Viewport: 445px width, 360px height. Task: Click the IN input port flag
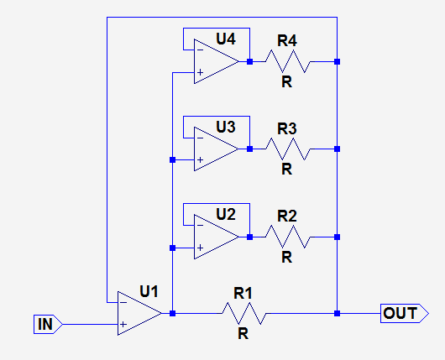click(48, 324)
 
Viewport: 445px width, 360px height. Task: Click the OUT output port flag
click(405, 313)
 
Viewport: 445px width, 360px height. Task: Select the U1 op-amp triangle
click(139, 313)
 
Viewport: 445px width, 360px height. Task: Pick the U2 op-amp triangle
click(216, 237)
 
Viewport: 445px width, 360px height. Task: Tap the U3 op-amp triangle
click(216, 149)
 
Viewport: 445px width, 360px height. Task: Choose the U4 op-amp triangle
click(216, 61)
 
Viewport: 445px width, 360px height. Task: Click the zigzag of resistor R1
click(244, 313)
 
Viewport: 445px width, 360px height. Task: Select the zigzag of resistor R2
click(288, 237)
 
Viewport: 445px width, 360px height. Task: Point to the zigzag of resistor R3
click(288, 149)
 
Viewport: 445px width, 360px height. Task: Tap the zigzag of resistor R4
click(288, 61)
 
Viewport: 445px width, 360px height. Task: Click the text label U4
click(226, 39)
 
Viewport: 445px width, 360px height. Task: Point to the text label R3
click(287, 128)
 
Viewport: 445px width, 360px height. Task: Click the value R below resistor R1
click(243, 334)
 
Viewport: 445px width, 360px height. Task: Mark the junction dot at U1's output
click(173, 313)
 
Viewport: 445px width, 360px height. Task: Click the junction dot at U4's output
click(249, 61)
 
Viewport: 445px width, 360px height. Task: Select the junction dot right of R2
click(338, 237)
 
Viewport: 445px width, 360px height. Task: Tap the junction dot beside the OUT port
click(338, 314)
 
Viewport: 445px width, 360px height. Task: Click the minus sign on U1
click(123, 302)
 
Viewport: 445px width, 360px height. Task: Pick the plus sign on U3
click(200, 160)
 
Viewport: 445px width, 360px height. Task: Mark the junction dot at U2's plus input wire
click(173, 248)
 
